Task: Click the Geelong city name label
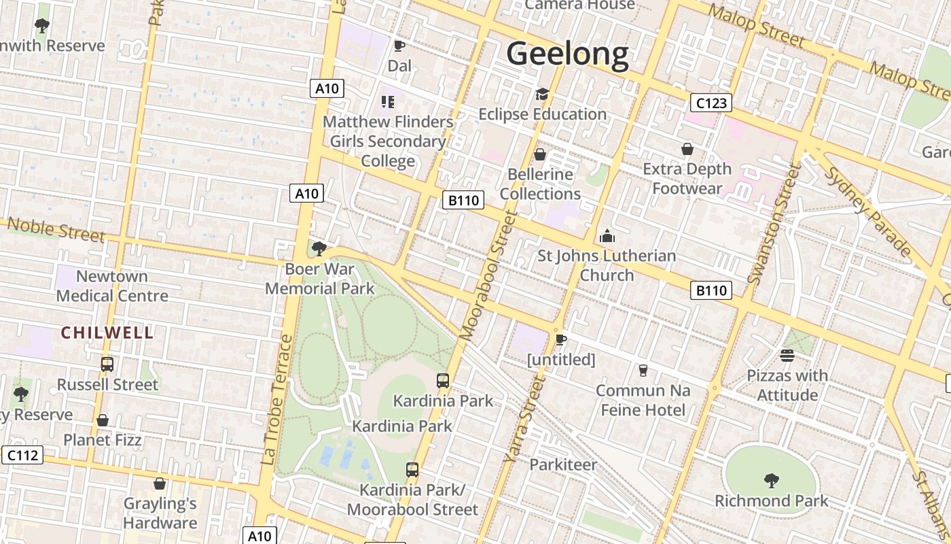[x=568, y=54]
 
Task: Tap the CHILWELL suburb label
[x=107, y=333]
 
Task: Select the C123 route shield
[x=711, y=103]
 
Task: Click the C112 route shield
[x=22, y=455]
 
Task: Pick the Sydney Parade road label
[x=867, y=210]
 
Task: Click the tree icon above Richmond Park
[x=771, y=481]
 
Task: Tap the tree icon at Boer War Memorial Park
[x=319, y=249]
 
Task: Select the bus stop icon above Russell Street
[x=107, y=364]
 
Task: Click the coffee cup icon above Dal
[x=399, y=46]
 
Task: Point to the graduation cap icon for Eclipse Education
[x=541, y=94]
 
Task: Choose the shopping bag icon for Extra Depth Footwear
[x=687, y=149]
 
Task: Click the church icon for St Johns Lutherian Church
[x=607, y=236]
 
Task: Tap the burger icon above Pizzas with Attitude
[x=787, y=356]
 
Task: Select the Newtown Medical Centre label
[x=112, y=286]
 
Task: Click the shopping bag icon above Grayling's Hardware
[x=160, y=483]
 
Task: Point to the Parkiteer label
[x=563, y=465]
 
